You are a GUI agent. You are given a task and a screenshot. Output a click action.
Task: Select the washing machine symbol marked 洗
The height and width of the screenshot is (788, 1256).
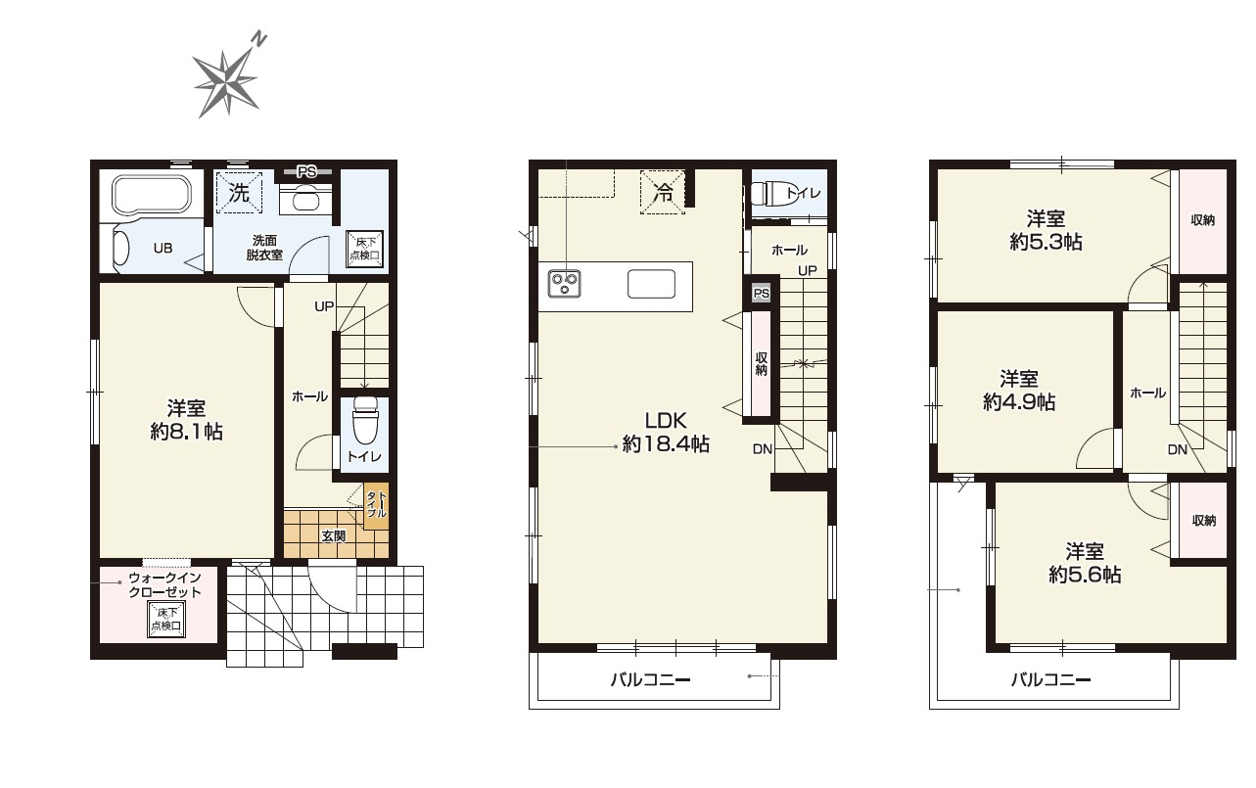[240, 193]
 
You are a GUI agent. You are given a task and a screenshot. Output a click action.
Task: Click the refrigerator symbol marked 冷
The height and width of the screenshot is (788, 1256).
[663, 193]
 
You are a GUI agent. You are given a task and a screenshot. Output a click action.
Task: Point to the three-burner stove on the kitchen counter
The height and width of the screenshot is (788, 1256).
[564, 283]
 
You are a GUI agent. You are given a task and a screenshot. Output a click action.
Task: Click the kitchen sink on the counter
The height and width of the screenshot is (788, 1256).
[651, 284]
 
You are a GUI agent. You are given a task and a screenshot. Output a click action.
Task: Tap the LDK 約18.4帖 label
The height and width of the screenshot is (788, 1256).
[666, 432]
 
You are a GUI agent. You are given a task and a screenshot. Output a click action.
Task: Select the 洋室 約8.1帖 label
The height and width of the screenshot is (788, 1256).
[186, 420]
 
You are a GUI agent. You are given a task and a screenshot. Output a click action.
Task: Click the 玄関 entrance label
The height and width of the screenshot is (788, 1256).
[334, 536]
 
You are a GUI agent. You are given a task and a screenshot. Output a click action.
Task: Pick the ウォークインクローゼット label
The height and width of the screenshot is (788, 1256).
[164, 584]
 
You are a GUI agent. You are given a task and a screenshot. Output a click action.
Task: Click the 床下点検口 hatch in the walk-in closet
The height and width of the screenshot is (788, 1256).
[166, 620]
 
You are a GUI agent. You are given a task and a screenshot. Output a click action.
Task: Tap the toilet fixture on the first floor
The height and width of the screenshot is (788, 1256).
[365, 421]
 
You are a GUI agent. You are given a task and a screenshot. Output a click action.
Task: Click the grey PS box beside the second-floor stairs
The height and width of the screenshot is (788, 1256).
[761, 294]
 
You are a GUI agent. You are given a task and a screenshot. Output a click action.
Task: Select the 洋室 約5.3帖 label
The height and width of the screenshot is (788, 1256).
[1046, 230]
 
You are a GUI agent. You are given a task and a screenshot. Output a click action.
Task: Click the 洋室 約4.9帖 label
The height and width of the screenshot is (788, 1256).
[1019, 391]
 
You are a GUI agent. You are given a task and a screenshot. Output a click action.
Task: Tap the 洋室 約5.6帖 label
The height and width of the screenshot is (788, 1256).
[1085, 563]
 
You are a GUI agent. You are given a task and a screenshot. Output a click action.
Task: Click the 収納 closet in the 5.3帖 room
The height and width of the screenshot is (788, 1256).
[1203, 221]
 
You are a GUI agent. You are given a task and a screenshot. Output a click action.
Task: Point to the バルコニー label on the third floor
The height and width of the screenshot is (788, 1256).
[1050, 680]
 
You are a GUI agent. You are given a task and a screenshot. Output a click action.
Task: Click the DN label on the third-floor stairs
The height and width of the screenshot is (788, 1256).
[1178, 449]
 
